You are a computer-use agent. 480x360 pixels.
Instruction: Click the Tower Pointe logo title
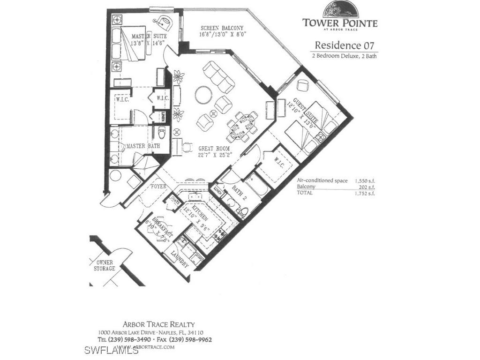[339, 22]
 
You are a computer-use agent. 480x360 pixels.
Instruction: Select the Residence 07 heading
[345, 45]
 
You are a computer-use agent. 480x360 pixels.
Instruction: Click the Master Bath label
[142, 146]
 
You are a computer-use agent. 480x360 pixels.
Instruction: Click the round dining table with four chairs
[240, 126]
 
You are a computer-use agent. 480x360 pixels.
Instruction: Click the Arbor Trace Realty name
[158, 324]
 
